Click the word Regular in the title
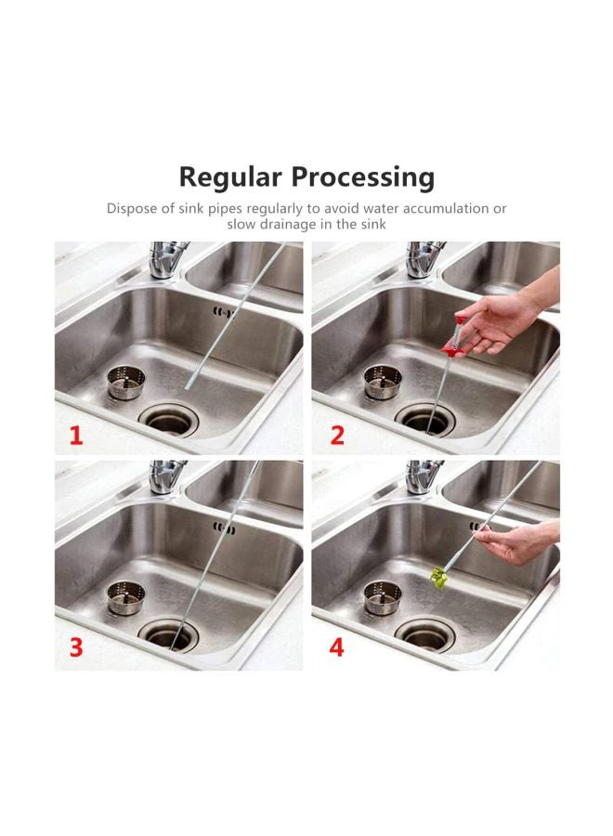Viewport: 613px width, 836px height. tap(231, 177)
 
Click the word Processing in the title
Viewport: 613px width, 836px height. tap(363, 177)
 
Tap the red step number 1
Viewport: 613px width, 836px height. tap(77, 436)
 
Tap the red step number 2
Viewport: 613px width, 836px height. tap(337, 436)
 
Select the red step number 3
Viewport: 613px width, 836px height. tap(77, 647)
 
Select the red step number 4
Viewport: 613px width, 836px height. tap(336, 647)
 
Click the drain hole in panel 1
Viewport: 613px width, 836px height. tap(168, 420)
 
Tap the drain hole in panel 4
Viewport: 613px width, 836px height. tap(425, 634)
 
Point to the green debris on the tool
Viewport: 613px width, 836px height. tap(439, 578)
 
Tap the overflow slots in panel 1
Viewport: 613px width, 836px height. tap(224, 311)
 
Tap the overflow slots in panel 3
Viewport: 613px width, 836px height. tap(224, 529)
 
